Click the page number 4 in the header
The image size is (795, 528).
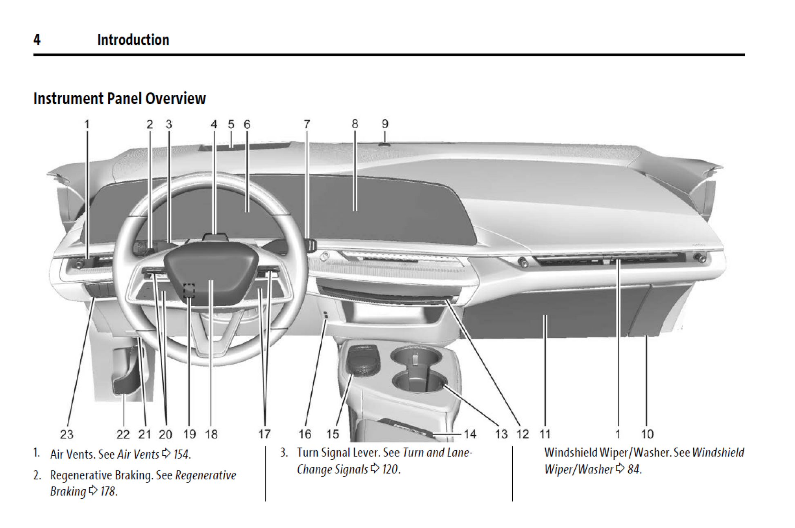coord(37,40)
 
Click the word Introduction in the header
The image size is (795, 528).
coord(133,40)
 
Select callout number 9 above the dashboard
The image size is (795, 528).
coord(385,124)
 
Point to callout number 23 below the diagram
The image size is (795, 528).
coord(67,434)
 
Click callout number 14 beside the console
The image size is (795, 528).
coord(470,434)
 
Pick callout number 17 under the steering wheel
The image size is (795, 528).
coord(264,434)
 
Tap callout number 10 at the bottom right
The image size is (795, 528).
coord(647,434)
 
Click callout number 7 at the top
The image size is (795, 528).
coord(307,124)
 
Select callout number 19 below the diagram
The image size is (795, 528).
coord(189,434)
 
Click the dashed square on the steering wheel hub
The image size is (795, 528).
coord(189,290)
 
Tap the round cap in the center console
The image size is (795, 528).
coord(363,360)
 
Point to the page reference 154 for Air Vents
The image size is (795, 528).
coord(182,454)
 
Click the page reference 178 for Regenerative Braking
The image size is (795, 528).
coord(108,491)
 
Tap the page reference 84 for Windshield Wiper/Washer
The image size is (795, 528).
coord(634,469)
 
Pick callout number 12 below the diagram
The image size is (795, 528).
coord(523,434)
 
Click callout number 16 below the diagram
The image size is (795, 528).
coord(304,434)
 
